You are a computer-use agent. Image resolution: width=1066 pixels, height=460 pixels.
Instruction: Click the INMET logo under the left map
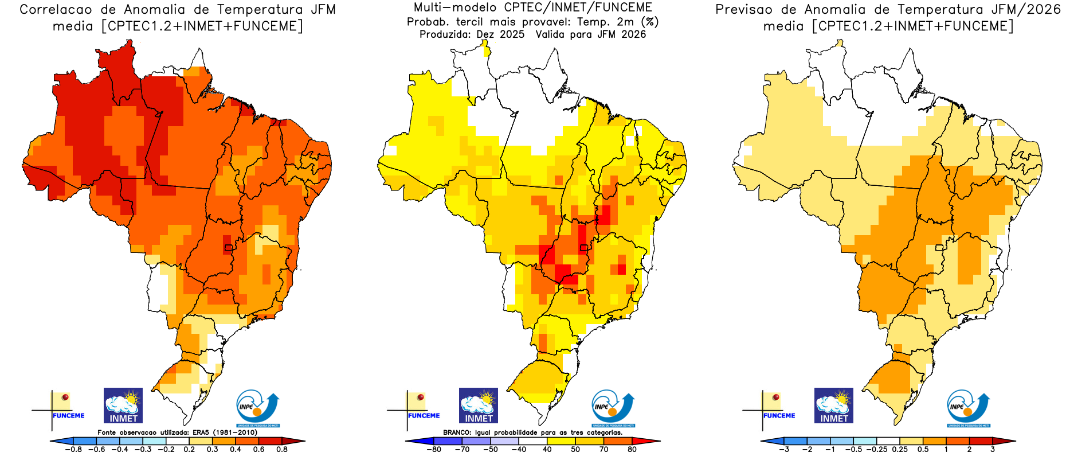click(123, 406)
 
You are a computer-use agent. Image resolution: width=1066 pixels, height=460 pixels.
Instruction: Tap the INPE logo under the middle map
click(613, 409)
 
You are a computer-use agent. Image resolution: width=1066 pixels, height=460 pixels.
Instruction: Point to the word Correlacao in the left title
click(56, 10)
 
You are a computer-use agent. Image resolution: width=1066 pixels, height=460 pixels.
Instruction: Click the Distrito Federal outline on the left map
click(229, 248)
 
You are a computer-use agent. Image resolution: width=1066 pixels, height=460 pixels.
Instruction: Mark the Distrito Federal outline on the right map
click(939, 248)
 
